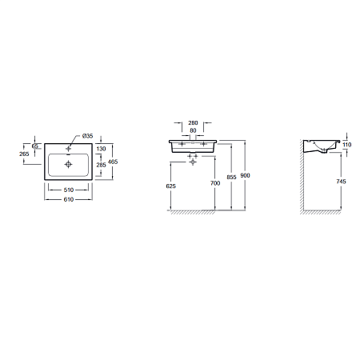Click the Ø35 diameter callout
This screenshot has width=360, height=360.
tap(88, 136)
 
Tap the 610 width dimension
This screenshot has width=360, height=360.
tap(69, 199)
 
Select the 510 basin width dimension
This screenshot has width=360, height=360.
tap(69, 190)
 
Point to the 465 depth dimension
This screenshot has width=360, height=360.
tap(113, 162)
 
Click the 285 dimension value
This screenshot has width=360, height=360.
tap(102, 165)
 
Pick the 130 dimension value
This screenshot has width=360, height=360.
tap(102, 149)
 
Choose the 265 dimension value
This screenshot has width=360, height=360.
tap(24, 154)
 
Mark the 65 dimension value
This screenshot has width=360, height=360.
tap(35, 146)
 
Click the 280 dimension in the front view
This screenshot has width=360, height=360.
tap(193, 123)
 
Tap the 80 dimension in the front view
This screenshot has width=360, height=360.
tap(193, 130)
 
